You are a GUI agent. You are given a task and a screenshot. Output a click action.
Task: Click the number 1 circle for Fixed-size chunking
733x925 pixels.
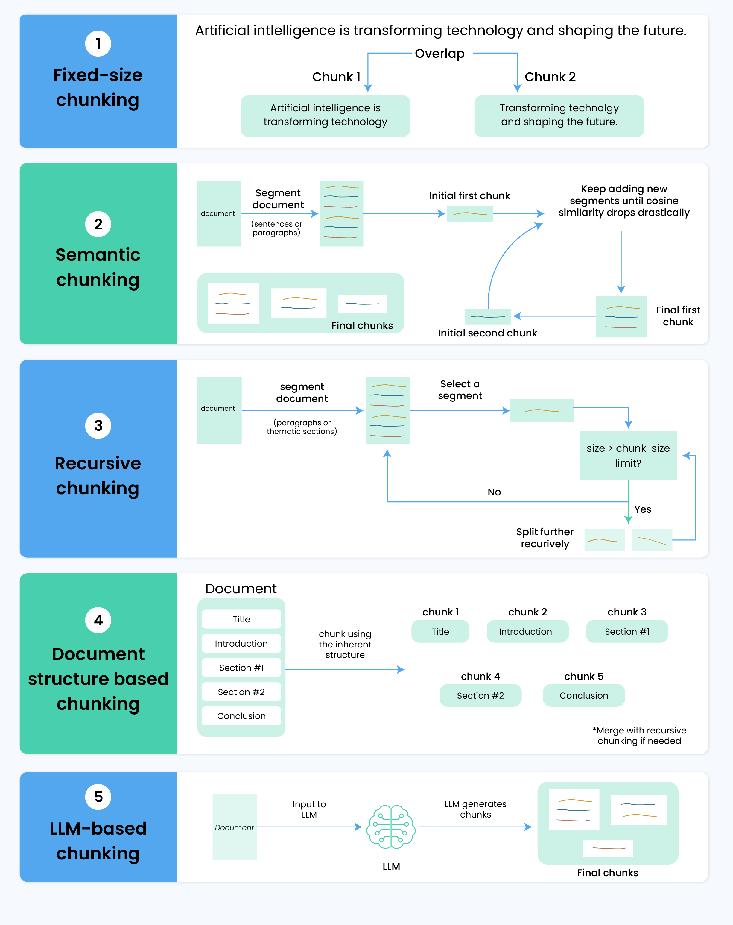pyautogui.click(x=98, y=43)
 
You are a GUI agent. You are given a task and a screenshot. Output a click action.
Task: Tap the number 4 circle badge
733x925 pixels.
pyautogui.click(x=98, y=620)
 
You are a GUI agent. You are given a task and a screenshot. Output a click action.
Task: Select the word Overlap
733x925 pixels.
pyautogui.click(x=440, y=54)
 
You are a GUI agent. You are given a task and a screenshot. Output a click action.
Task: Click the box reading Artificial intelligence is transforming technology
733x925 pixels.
pyautogui.click(x=325, y=116)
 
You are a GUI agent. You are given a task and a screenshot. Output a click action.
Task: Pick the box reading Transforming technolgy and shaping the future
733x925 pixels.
pyautogui.click(x=559, y=116)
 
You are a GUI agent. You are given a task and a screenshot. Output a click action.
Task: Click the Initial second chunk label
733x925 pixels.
pyautogui.click(x=488, y=333)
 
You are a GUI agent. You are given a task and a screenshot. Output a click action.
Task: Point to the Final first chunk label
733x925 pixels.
pyautogui.click(x=678, y=316)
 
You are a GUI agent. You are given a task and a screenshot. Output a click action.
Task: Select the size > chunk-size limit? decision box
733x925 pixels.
pyautogui.click(x=628, y=455)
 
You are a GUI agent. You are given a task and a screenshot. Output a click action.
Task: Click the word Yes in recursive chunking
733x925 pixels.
pyautogui.click(x=643, y=509)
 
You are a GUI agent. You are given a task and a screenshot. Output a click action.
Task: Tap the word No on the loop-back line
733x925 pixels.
pyautogui.click(x=494, y=492)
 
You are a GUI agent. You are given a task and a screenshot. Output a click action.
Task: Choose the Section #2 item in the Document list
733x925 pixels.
pyautogui.click(x=241, y=692)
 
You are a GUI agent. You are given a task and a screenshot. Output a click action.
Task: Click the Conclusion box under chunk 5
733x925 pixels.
pyautogui.click(x=584, y=695)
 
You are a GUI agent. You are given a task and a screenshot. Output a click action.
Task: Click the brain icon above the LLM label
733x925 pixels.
pyautogui.click(x=391, y=827)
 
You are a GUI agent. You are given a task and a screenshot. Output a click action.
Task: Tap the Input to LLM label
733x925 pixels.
pyautogui.click(x=309, y=809)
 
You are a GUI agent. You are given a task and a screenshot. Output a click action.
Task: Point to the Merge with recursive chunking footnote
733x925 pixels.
pyautogui.click(x=639, y=736)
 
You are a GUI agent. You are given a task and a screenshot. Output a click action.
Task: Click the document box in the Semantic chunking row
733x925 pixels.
pyautogui.click(x=219, y=214)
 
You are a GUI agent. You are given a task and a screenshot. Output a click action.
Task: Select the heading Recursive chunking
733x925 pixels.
pyautogui.click(x=98, y=475)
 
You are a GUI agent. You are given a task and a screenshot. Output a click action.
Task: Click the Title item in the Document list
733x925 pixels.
pyautogui.click(x=241, y=619)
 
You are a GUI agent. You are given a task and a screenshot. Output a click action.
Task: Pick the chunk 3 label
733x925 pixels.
pyautogui.click(x=626, y=612)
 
